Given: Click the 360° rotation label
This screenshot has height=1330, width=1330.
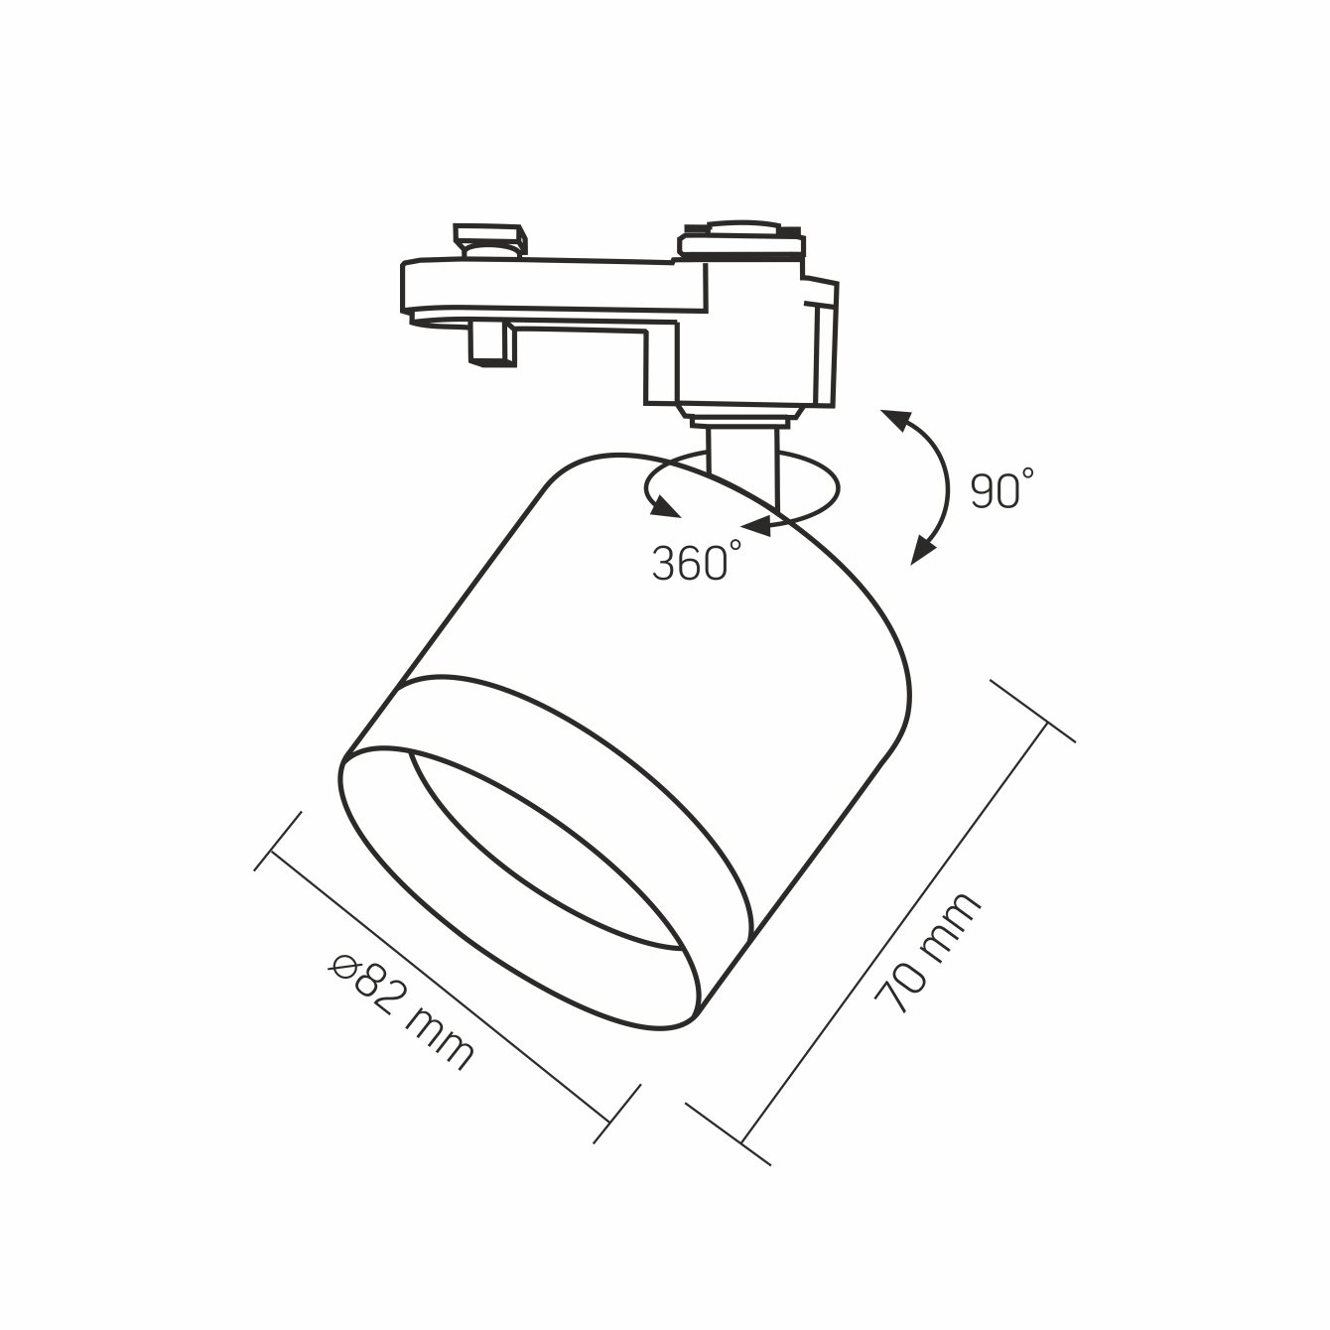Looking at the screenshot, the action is (697, 561).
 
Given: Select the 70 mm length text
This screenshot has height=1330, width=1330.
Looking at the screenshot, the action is (927, 953).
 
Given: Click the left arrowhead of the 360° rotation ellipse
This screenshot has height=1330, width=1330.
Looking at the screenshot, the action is (665, 507).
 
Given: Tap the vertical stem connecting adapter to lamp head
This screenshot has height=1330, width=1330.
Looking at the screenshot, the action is (742, 464).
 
